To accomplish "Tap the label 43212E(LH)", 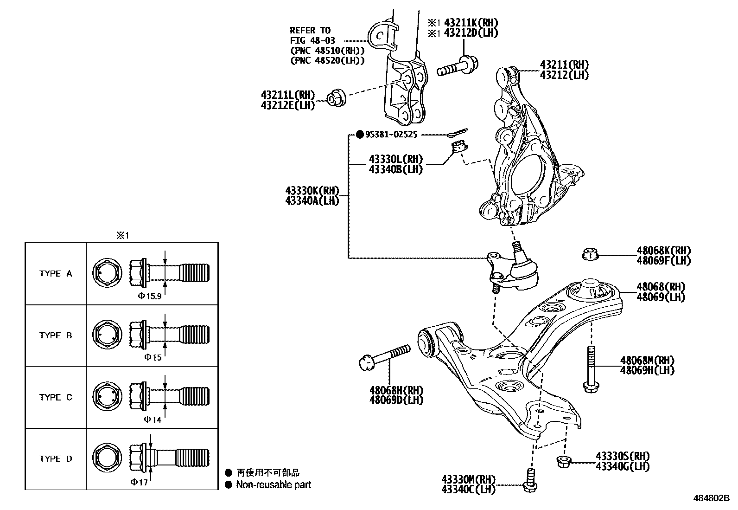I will pyautogui.click(x=287, y=105).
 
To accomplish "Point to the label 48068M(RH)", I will pyautogui.click(x=647, y=360).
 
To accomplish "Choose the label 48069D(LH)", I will pyautogui.click(x=396, y=400).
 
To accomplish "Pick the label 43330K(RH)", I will pyautogui.click(x=312, y=191).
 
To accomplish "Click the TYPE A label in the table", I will pyautogui.click(x=56, y=273).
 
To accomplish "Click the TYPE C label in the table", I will pyautogui.click(x=56, y=397).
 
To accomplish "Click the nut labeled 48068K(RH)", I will pyautogui.click(x=590, y=254).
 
